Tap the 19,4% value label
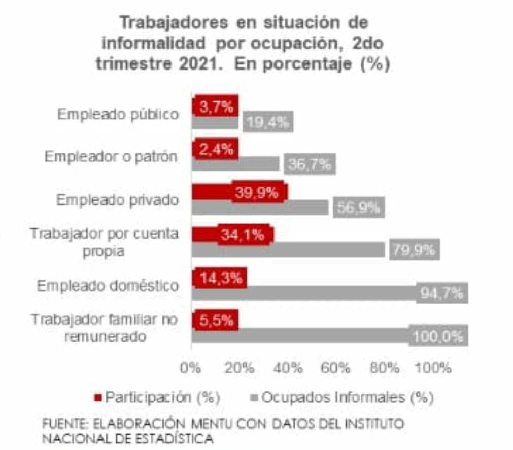click(268, 122)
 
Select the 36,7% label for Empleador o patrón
click(310, 164)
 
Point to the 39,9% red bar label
click(257, 193)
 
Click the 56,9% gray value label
click(359, 208)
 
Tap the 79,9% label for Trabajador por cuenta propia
click(414, 251)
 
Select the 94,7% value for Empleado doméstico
click(441, 293)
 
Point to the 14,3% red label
click(220, 278)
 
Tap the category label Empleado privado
click(117, 200)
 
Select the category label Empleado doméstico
click(108, 286)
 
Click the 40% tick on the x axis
click(288, 368)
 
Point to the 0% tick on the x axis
click(191, 368)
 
